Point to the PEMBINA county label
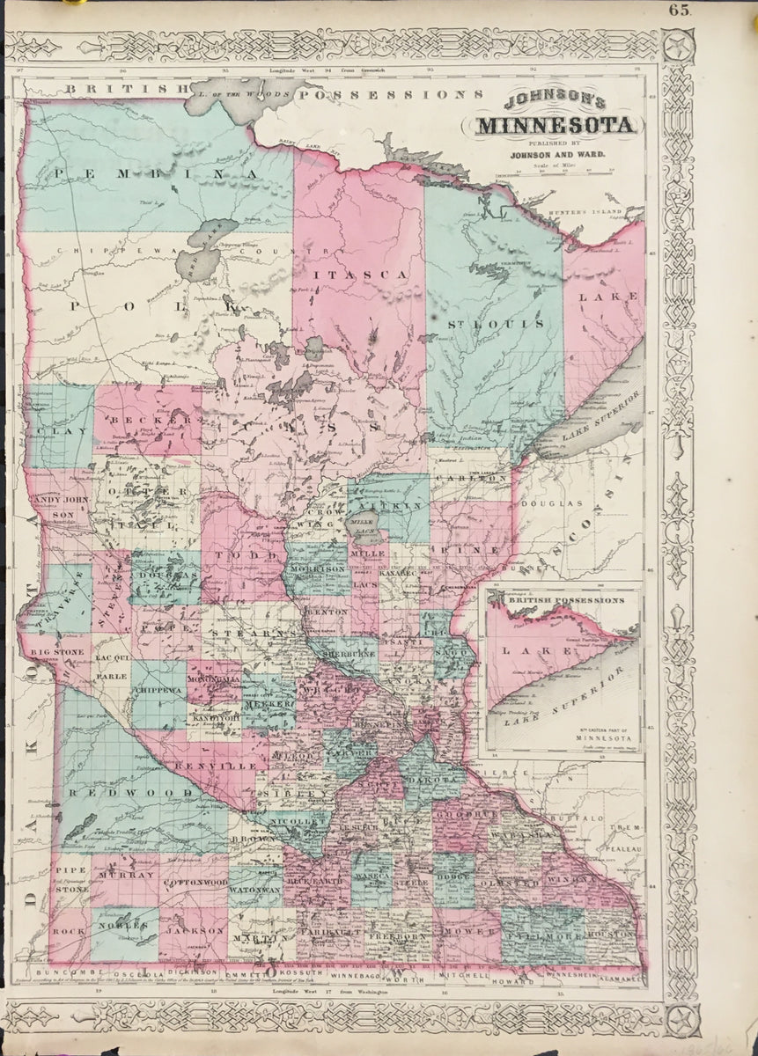click(158, 174)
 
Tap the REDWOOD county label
click(132, 793)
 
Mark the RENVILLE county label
click(215, 766)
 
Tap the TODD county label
click(236, 556)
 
